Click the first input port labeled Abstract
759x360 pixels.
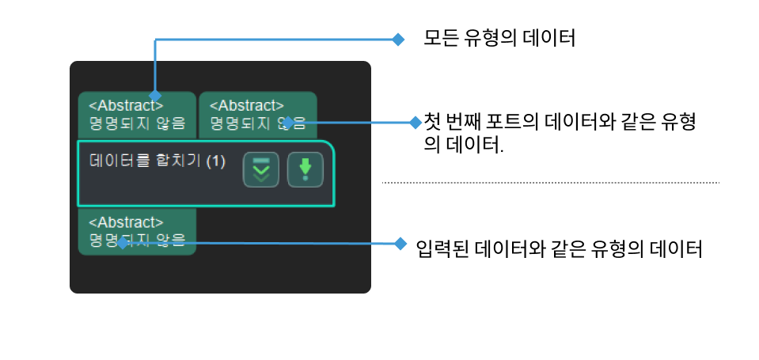[x=136, y=114]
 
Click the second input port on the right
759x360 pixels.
[x=256, y=114]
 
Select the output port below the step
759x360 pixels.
[x=136, y=231]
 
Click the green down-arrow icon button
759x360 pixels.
[x=305, y=169]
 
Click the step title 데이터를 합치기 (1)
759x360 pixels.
[x=157, y=161]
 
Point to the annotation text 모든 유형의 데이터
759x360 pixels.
[x=499, y=38]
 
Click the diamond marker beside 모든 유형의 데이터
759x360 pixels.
[x=399, y=38]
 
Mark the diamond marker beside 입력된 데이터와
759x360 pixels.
[x=400, y=243]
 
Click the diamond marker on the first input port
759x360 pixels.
[x=155, y=95]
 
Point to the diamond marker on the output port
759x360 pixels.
[x=122, y=243]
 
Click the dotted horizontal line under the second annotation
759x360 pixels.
[x=551, y=183]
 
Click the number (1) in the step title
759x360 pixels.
[x=215, y=161]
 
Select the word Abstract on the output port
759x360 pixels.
[x=126, y=222]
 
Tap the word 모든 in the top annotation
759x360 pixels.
[x=440, y=38]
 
